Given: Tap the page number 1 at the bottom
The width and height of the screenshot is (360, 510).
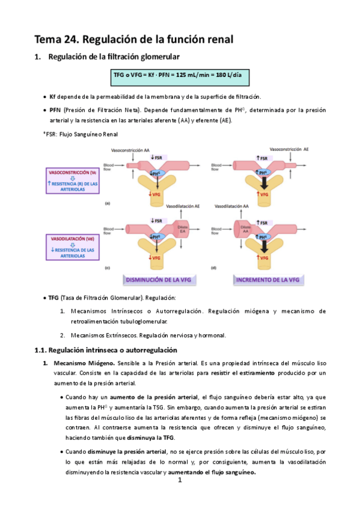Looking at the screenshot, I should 180,481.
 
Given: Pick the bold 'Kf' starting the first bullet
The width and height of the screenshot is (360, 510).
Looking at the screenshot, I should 53,97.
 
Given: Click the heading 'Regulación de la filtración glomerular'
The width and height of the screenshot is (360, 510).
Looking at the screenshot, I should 114,57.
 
